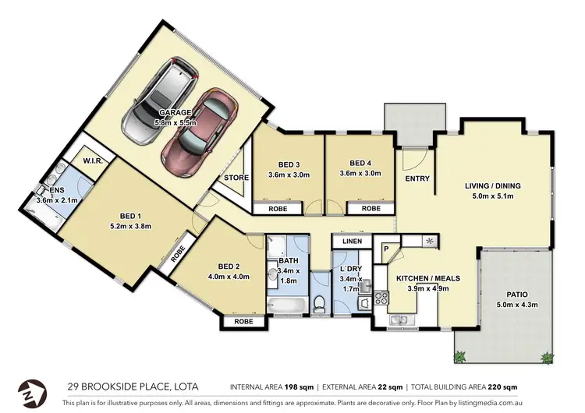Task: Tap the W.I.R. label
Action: (x=94, y=161)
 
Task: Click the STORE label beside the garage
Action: (x=236, y=178)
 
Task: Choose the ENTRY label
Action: (x=417, y=178)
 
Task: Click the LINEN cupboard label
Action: (x=351, y=242)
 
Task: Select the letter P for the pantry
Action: (x=385, y=249)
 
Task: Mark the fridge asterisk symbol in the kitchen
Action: (x=428, y=242)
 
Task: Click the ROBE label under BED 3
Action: (x=277, y=209)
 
